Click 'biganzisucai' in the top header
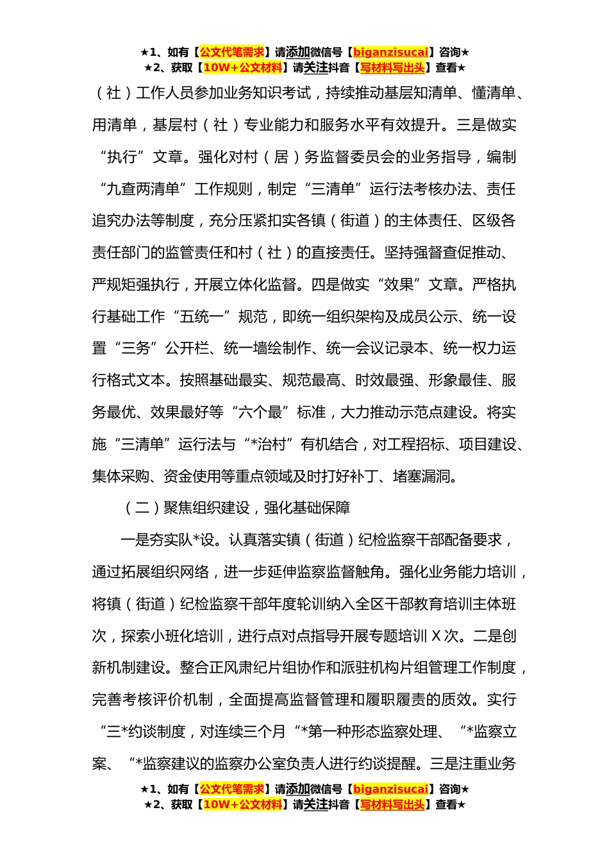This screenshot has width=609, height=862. [x=390, y=52]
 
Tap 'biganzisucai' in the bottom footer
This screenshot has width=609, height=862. [x=390, y=789]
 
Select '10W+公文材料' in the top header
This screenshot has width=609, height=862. [x=242, y=67]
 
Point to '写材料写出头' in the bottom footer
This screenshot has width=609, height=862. [x=392, y=804]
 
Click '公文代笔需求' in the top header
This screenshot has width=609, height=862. [x=232, y=52]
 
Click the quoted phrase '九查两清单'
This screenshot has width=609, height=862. [x=143, y=189]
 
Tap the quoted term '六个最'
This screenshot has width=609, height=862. [x=260, y=412]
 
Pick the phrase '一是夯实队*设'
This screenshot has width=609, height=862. [x=169, y=540]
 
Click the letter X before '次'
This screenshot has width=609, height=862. [x=436, y=636]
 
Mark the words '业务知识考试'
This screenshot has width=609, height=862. [x=267, y=93]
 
